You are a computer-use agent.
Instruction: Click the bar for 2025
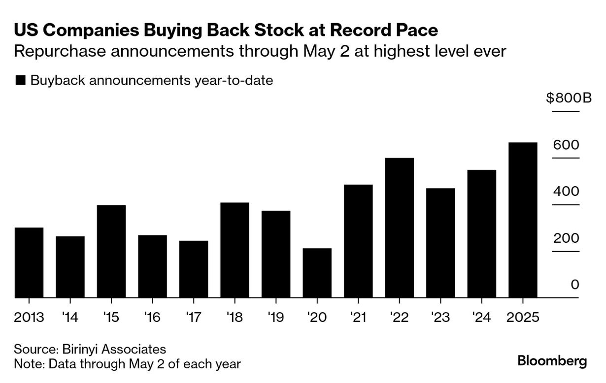click(x=522, y=220)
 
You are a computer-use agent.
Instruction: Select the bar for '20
click(x=317, y=273)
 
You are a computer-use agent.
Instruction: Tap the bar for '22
click(x=399, y=228)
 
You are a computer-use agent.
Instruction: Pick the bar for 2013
click(x=29, y=262)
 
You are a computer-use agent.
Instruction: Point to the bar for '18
click(x=235, y=250)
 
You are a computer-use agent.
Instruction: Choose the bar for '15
click(x=111, y=251)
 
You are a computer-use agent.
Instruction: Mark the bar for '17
click(x=194, y=269)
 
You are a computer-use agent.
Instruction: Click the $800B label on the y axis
click(x=568, y=98)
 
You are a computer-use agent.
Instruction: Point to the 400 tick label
click(x=566, y=191)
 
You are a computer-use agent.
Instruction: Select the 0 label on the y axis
click(x=574, y=285)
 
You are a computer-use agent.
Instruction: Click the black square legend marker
click(x=20, y=81)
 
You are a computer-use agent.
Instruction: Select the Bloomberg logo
click(x=552, y=360)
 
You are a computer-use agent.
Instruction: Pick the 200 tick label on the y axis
click(x=566, y=238)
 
